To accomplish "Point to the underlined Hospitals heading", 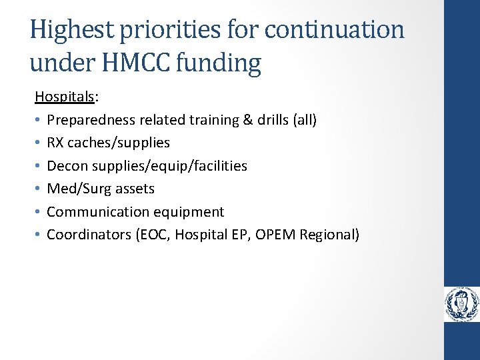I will coord(65,97).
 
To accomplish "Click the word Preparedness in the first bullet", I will coord(89,120).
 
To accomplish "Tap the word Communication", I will coord(94,212).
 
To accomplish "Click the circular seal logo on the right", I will coord(462,305).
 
